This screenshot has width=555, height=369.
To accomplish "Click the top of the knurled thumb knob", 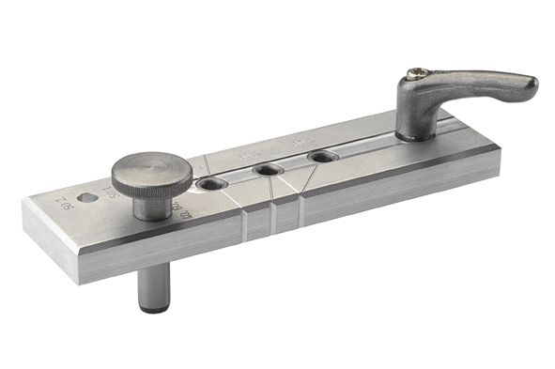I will click(x=152, y=171).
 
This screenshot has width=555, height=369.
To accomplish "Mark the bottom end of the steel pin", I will click(x=151, y=309).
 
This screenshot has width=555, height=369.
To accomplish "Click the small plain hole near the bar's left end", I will click(x=87, y=199).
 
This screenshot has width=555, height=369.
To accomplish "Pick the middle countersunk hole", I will click(x=269, y=170).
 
